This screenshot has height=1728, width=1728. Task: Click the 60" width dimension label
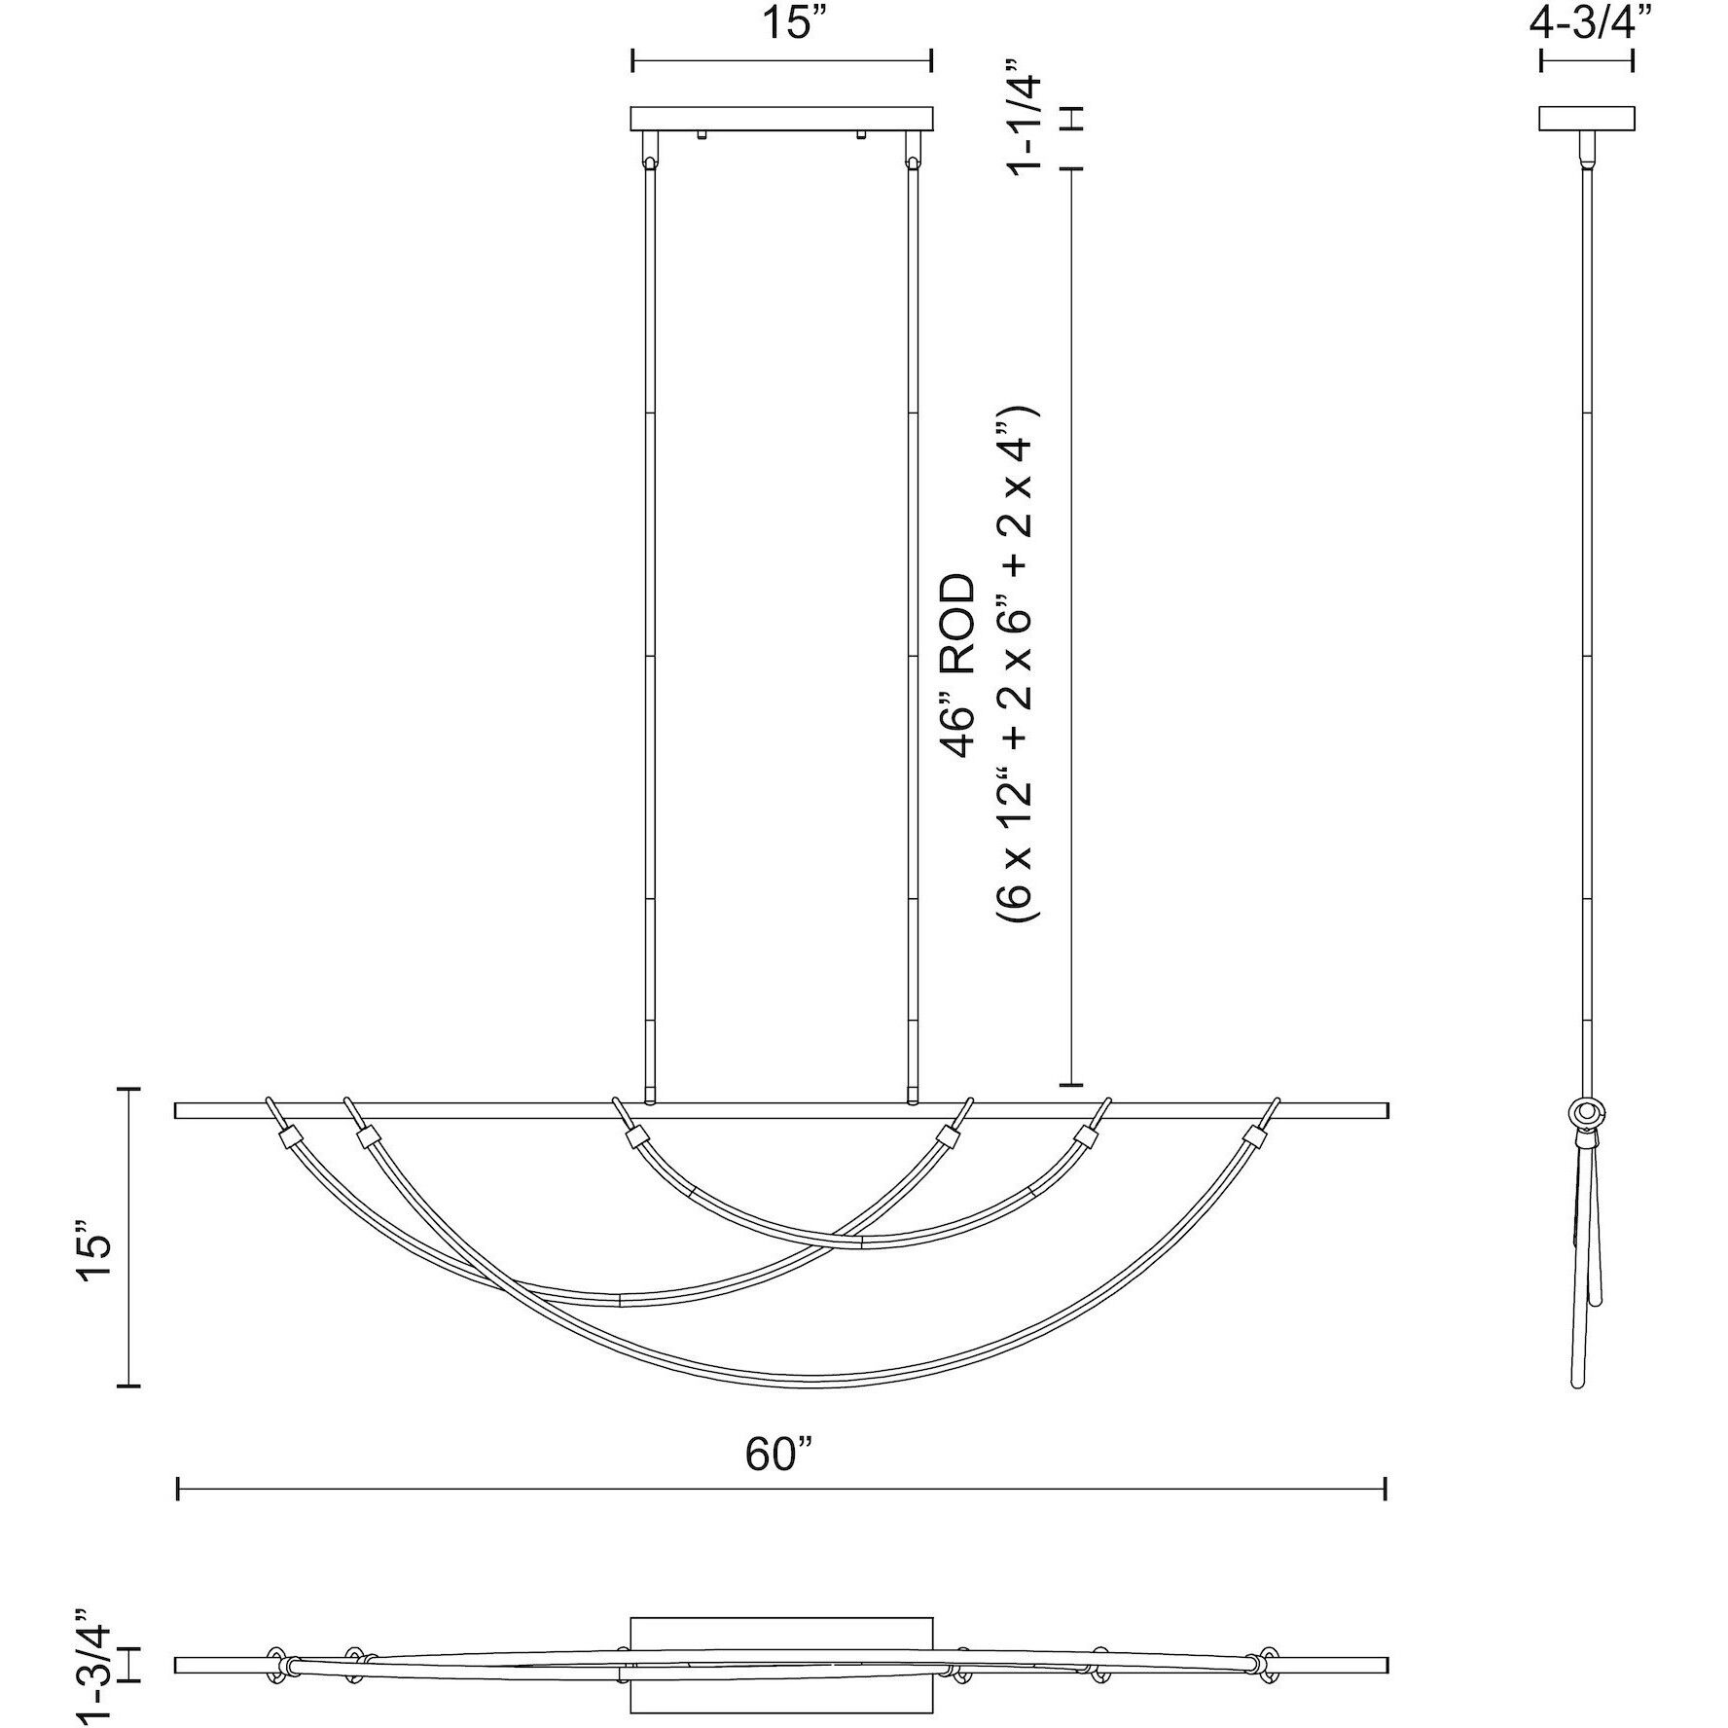(x=778, y=1456)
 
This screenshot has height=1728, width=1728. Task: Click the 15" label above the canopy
(x=784, y=22)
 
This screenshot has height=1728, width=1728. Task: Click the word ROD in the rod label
(x=957, y=625)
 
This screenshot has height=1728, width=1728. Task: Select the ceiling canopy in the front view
(x=782, y=119)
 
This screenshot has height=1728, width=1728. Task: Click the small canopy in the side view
(x=1586, y=119)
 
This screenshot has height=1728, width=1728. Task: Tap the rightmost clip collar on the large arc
(x=1255, y=1138)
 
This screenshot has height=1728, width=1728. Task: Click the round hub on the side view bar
(x=1587, y=1112)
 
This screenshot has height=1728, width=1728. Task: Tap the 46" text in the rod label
(x=957, y=722)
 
